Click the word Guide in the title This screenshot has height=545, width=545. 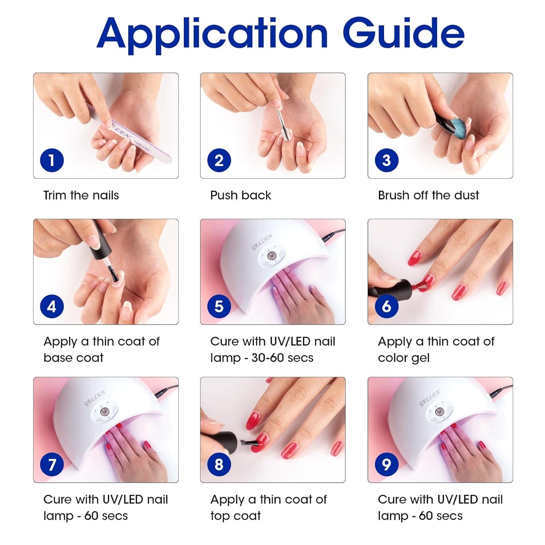click(403, 34)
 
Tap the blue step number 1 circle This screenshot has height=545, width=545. click(52, 160)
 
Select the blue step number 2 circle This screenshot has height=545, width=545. click(219, 160)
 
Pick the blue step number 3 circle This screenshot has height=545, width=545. click(386, 160)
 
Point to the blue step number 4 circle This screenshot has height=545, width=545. click(52, 306)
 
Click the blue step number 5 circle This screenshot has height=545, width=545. click(219, 306)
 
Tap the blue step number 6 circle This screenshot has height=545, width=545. click(386, 306)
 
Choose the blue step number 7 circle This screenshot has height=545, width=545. click(52, 464)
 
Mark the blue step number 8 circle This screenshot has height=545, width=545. click(219, 464)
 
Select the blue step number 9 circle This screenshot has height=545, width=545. click(386, 464)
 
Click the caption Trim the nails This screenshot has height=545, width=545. click(81, 195)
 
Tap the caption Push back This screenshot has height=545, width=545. click(241, 195)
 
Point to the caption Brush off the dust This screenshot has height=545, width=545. click(428, 195)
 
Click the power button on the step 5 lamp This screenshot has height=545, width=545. click(270, 256)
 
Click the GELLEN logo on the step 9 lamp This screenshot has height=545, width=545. click(430, 398)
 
